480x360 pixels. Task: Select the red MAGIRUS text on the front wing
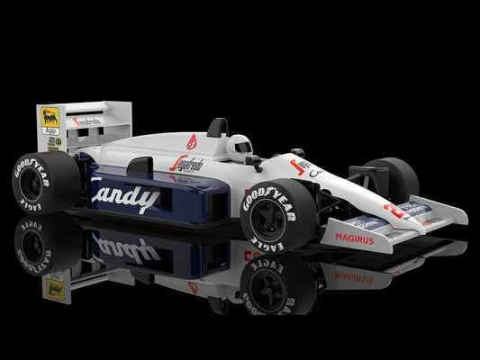coord(354,238)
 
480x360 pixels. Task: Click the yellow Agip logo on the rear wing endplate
coord(50,119)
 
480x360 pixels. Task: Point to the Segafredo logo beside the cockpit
coord(187,164)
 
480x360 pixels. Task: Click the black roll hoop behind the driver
coord(218,128)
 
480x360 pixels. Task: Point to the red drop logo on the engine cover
coord(191,141)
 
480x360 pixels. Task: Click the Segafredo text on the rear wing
coord(88,121)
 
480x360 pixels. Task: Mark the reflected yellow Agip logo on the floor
coord(56,288)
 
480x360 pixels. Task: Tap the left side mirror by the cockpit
coord(254,162)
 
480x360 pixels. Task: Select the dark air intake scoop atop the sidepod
coord(140,166)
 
